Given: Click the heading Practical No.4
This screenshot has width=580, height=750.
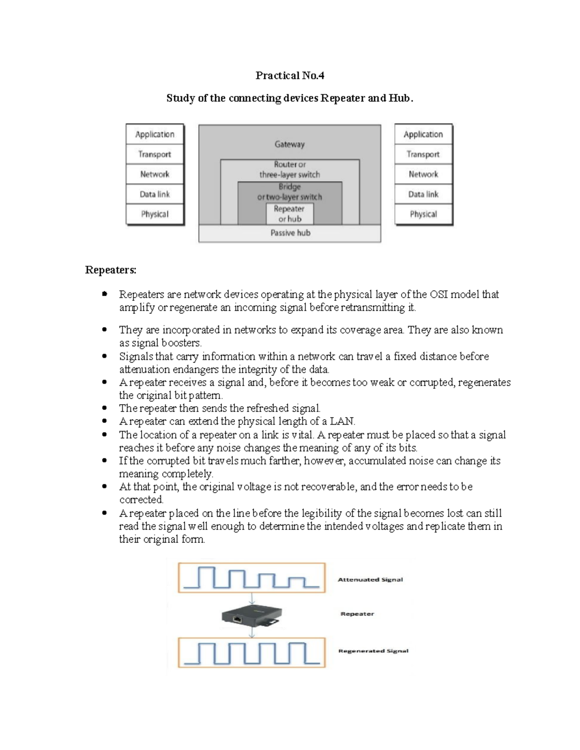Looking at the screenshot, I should [x=290, y=75].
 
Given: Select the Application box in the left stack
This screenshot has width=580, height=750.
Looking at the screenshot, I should [x=155, y=134].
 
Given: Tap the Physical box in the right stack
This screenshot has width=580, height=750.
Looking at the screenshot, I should [x=423, y=214].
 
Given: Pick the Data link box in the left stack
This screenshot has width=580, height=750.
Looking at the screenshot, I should [x=155, y=194].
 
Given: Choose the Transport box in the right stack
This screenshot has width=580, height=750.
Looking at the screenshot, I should [x=423, y=154].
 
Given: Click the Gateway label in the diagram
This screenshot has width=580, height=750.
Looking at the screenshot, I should [x=290, y=144].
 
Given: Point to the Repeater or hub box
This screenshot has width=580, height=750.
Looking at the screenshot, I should [x=290, y=214].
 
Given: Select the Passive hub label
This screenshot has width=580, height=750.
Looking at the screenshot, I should [x=290, y=233].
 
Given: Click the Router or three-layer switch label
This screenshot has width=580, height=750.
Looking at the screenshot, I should [x=290, y=170].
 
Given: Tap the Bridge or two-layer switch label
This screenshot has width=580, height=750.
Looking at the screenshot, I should [x=290, y=192].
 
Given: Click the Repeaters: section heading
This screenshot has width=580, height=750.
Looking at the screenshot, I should [x=111, y=270].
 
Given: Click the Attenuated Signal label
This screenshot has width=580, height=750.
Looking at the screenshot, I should [x=370, y=580].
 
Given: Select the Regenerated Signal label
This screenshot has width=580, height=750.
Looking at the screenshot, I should [x=373, y=651].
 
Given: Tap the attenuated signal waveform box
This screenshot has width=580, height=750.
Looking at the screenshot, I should [x=251, y=578].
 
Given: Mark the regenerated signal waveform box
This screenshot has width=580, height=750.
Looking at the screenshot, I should [x=251, y=652].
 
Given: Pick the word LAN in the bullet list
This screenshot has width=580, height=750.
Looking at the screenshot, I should [x=342, y=422].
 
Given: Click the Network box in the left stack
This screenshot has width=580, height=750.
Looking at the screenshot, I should [x=155, y=174].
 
